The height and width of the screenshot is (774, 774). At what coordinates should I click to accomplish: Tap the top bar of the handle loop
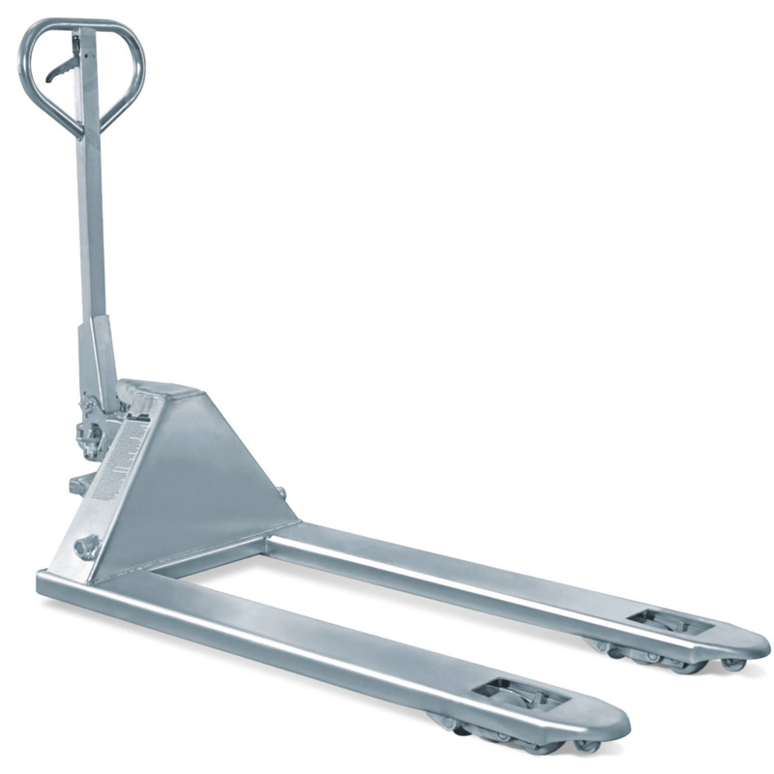click(x=81, y=24)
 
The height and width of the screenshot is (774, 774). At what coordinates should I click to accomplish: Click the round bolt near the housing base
click(x=85, y=547)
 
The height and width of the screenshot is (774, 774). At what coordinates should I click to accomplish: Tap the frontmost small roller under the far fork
click(x=733, y=665)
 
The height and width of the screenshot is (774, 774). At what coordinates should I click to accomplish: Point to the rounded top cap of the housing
click(x=160, y=393)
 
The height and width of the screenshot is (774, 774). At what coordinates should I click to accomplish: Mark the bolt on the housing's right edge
click(x=282, y=493)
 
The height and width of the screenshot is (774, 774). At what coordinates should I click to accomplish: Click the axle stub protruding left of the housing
click(x=76, y=485)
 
